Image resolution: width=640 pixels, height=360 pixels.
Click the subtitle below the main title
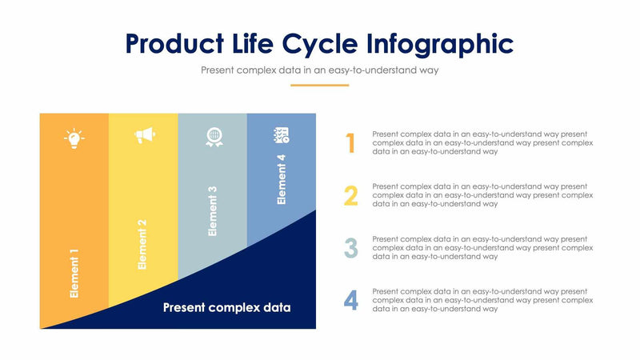point(319,70)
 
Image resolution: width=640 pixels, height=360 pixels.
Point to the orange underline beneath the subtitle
point(319,85)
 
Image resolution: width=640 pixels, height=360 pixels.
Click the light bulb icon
point(74,138)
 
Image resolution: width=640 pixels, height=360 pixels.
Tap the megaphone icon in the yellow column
point(143,137)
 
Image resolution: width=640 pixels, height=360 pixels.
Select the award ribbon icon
point(213,137)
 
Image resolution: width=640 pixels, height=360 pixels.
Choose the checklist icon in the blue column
point(282,134)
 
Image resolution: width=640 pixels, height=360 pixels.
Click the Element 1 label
point(74,273)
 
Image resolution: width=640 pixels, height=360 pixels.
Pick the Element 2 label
point(143,243)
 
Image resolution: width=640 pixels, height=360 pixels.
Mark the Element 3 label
point(213,210)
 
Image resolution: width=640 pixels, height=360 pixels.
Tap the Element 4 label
point(282,180)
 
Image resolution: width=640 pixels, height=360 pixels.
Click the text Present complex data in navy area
point(226,307)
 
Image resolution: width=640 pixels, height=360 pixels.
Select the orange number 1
point(350,143)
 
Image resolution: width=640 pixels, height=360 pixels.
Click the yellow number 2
point(350,195)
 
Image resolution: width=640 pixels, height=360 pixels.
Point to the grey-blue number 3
point(350,248)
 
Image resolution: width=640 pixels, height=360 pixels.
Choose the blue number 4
point(350,300)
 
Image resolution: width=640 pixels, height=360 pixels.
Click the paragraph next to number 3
point(482,247)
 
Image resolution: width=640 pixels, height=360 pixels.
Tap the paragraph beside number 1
point(482,142)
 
